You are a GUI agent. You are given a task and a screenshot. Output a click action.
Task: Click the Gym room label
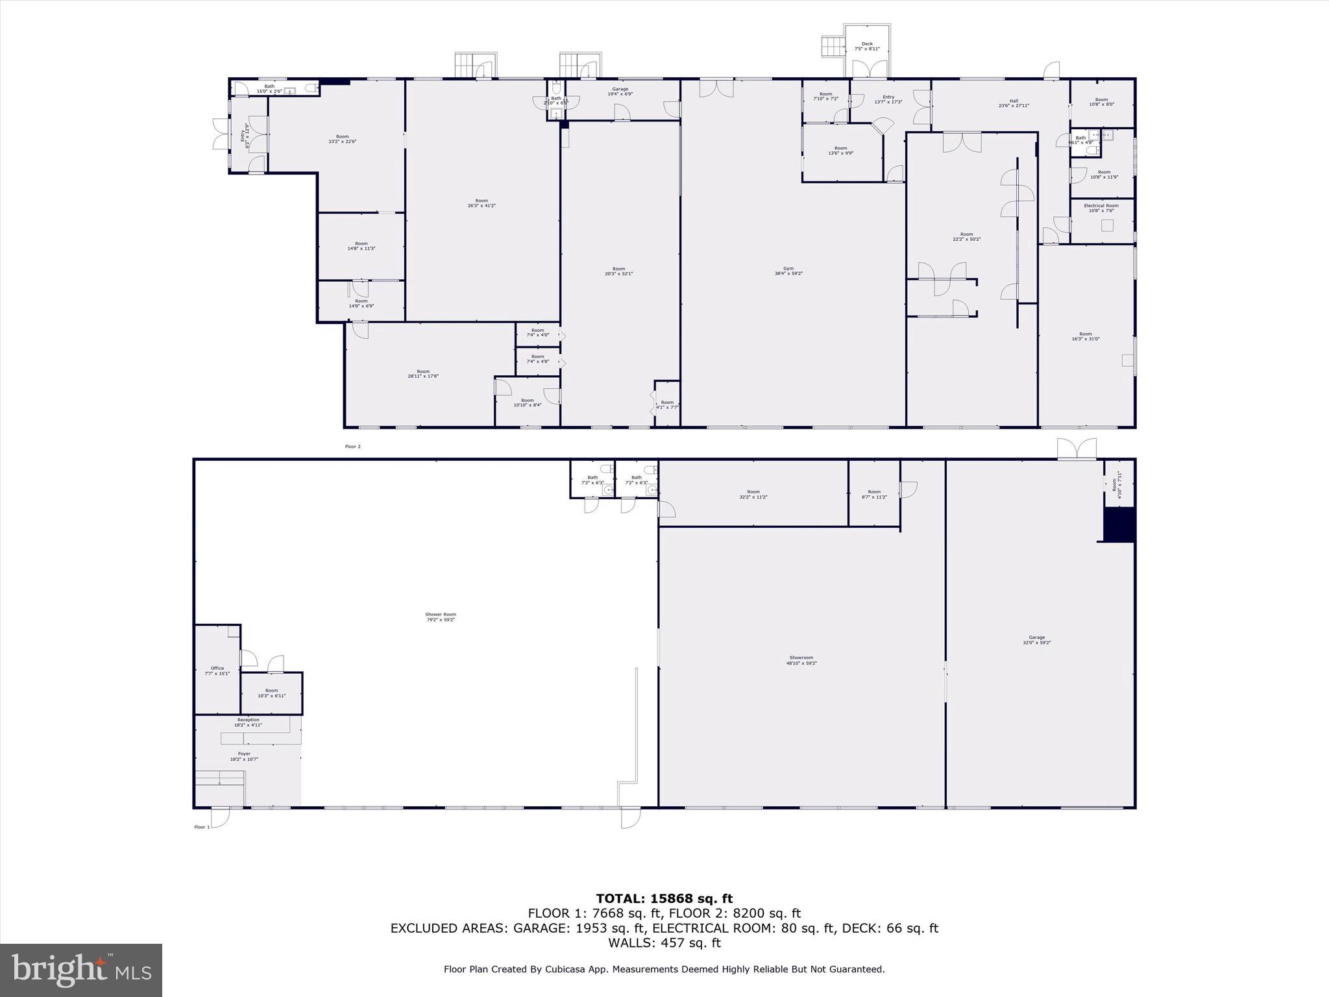click(788, 271)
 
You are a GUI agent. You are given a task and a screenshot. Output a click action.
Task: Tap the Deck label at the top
click(867, 46)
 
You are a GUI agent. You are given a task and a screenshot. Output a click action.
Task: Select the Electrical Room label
click(1101, 208)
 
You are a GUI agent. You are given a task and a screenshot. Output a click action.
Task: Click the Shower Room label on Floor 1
click(441, 617)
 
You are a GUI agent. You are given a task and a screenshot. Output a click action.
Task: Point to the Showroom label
click(801, 660)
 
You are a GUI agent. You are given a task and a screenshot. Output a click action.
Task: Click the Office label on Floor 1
click(217, 671)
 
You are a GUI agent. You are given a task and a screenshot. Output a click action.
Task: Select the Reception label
click(248, 722)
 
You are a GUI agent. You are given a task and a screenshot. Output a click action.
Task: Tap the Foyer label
click(244, 756)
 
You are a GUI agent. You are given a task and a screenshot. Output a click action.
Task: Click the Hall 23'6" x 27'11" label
click(1014, 103)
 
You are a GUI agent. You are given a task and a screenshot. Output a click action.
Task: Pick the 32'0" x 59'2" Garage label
click(1036, 640)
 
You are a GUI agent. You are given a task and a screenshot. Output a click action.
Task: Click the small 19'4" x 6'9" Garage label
click(620, 92)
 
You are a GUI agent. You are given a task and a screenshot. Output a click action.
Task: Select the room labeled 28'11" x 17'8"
click(423, 374)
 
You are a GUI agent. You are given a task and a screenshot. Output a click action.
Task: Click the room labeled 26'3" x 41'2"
click(482, 203)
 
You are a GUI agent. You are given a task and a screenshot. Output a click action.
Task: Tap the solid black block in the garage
click(1119, 524)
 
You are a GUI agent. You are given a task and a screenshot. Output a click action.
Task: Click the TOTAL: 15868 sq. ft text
click(664, 899)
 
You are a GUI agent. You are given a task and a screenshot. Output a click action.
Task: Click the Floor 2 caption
click(352, 447)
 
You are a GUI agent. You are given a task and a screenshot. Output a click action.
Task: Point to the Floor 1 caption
click(202, 827)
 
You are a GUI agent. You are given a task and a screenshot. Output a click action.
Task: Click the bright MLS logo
click(81, 970)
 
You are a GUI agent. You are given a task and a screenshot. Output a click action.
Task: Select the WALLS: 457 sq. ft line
click(664, 943)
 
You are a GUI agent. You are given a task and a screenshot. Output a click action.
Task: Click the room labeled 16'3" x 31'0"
click(1085, 336)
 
